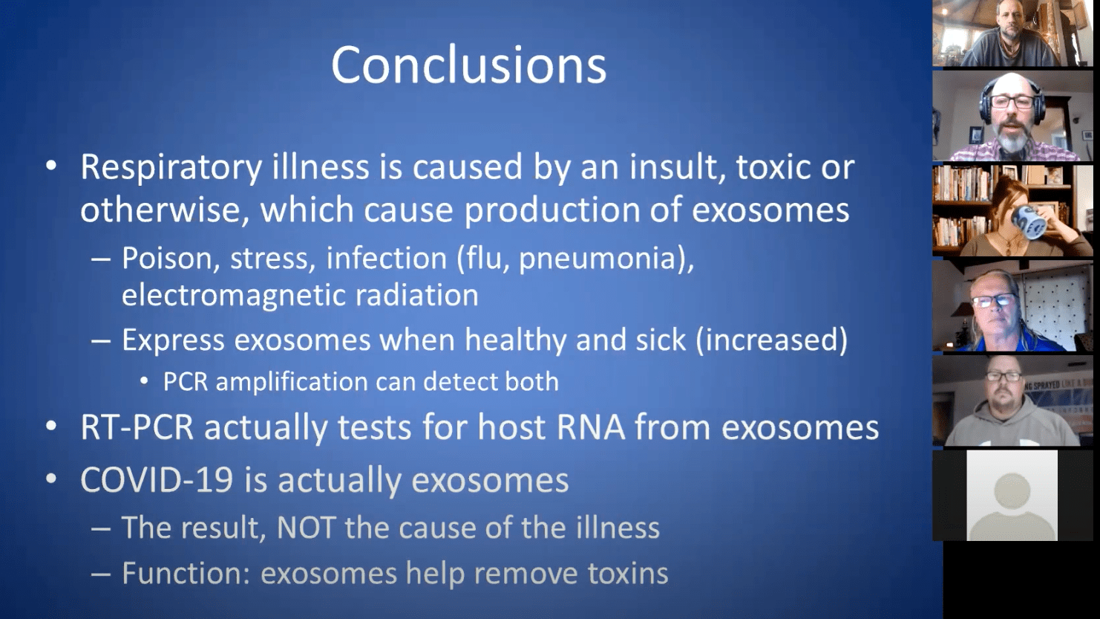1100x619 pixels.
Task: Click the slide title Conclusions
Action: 468,65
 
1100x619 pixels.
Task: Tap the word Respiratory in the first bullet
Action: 171,168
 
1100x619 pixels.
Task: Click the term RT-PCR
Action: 137,428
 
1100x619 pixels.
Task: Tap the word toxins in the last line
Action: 628,574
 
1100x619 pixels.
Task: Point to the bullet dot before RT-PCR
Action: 50,428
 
